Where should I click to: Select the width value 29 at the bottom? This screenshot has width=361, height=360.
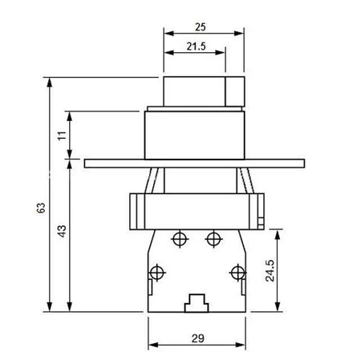point(197,338)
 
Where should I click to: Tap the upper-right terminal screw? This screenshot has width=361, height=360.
point(213,238)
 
